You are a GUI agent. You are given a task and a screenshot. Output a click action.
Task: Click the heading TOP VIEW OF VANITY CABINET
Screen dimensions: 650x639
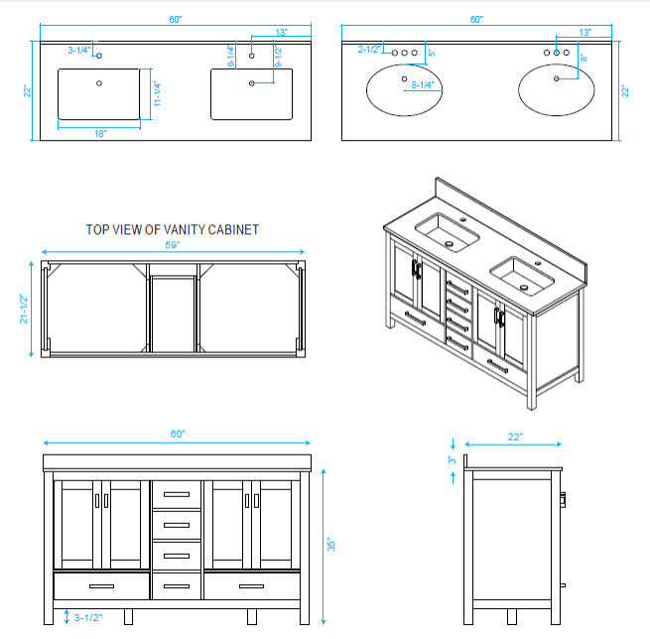(173, 229)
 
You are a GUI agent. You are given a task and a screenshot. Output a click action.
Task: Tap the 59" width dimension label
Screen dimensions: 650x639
(173, 245)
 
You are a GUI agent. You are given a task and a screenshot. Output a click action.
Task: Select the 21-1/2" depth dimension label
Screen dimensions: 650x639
(24, 309)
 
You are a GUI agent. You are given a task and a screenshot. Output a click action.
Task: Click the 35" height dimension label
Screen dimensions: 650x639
(330, 545)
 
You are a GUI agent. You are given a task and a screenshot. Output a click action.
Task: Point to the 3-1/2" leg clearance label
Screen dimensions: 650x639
(88, 617)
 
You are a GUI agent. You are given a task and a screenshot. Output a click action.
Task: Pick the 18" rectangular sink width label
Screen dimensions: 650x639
(100, 133)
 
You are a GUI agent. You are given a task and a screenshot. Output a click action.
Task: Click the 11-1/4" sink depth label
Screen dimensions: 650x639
(157, 93)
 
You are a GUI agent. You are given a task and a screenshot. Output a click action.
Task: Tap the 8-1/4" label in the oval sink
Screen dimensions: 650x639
(423, 85)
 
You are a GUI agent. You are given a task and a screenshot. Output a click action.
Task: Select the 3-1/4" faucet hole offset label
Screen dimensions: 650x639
(78, 51)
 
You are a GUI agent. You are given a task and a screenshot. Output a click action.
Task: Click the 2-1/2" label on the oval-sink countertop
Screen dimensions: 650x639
(369, 50)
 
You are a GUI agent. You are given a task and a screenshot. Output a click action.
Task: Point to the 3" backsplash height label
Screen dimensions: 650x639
(452, 460)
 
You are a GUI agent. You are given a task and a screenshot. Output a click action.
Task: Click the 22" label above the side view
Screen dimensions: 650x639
(515, 437)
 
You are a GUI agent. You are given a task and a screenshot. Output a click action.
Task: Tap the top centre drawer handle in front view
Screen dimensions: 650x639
(177, 494)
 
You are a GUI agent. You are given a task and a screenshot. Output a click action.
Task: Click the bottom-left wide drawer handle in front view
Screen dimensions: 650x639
(101, 586)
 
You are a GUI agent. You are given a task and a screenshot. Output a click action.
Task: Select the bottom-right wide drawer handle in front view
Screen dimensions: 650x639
(252, 586)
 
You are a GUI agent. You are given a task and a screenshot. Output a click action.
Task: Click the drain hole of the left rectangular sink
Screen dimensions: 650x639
(99, 83)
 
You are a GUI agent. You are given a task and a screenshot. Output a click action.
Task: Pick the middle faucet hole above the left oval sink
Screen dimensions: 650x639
(404, 53)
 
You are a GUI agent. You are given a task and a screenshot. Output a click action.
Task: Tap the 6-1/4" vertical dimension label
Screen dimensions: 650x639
(231, 57)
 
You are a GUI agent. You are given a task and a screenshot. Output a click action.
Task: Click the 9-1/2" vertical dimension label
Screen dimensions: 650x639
(278, 57)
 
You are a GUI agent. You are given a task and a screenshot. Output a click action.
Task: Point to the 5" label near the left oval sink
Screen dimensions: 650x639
(432, 53)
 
